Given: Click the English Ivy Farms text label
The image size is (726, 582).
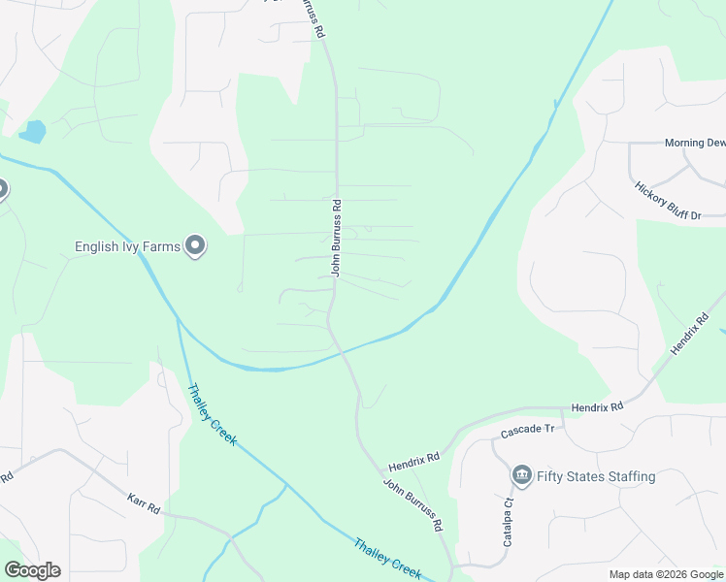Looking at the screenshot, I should [x=127, y=247].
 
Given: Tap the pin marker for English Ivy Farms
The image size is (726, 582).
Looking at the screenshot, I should [x=195, y=246].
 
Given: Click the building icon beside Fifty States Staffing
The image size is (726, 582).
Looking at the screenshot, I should [x=521, y=475].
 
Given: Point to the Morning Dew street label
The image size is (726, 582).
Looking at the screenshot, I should [x=695, y=143].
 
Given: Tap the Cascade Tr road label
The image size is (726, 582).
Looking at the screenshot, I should [x=527, y=429].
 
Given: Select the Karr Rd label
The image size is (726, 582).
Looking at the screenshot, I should [x=143, y=503].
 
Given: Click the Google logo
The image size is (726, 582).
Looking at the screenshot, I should [x=32, y=570].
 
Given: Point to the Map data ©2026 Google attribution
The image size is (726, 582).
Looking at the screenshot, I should [x=665, y=574].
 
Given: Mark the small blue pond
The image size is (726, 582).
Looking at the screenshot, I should [x=32, y=131].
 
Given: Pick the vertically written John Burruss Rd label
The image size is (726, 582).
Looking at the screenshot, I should [x=336, y=239].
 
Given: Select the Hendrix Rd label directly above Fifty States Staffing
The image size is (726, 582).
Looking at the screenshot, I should [x=596, y=408].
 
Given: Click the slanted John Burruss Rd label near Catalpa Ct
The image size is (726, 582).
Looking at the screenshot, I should [x=412, y=504].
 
